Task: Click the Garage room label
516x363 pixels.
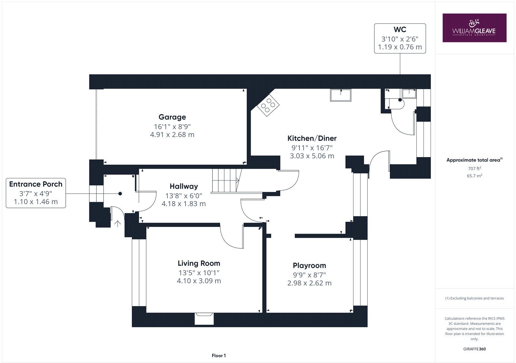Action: point(172,117)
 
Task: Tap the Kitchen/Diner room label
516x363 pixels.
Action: point(312,138)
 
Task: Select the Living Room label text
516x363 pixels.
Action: point(199,263)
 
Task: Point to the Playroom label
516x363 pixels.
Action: point(309,265)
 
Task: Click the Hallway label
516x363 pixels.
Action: point(184,186)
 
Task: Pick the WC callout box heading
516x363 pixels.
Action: point(400,30)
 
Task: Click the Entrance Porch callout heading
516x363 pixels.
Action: point(36,184)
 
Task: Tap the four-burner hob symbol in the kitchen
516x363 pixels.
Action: point(268,105)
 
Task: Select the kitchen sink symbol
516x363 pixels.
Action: point(341,95)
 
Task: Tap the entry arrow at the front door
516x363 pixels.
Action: point(118,223)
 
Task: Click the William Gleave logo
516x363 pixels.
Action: point(474,28)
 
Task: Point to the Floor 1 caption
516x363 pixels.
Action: point(219,356)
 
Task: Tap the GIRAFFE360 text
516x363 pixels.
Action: point(474,349)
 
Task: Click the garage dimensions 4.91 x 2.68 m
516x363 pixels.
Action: point(172,135)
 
